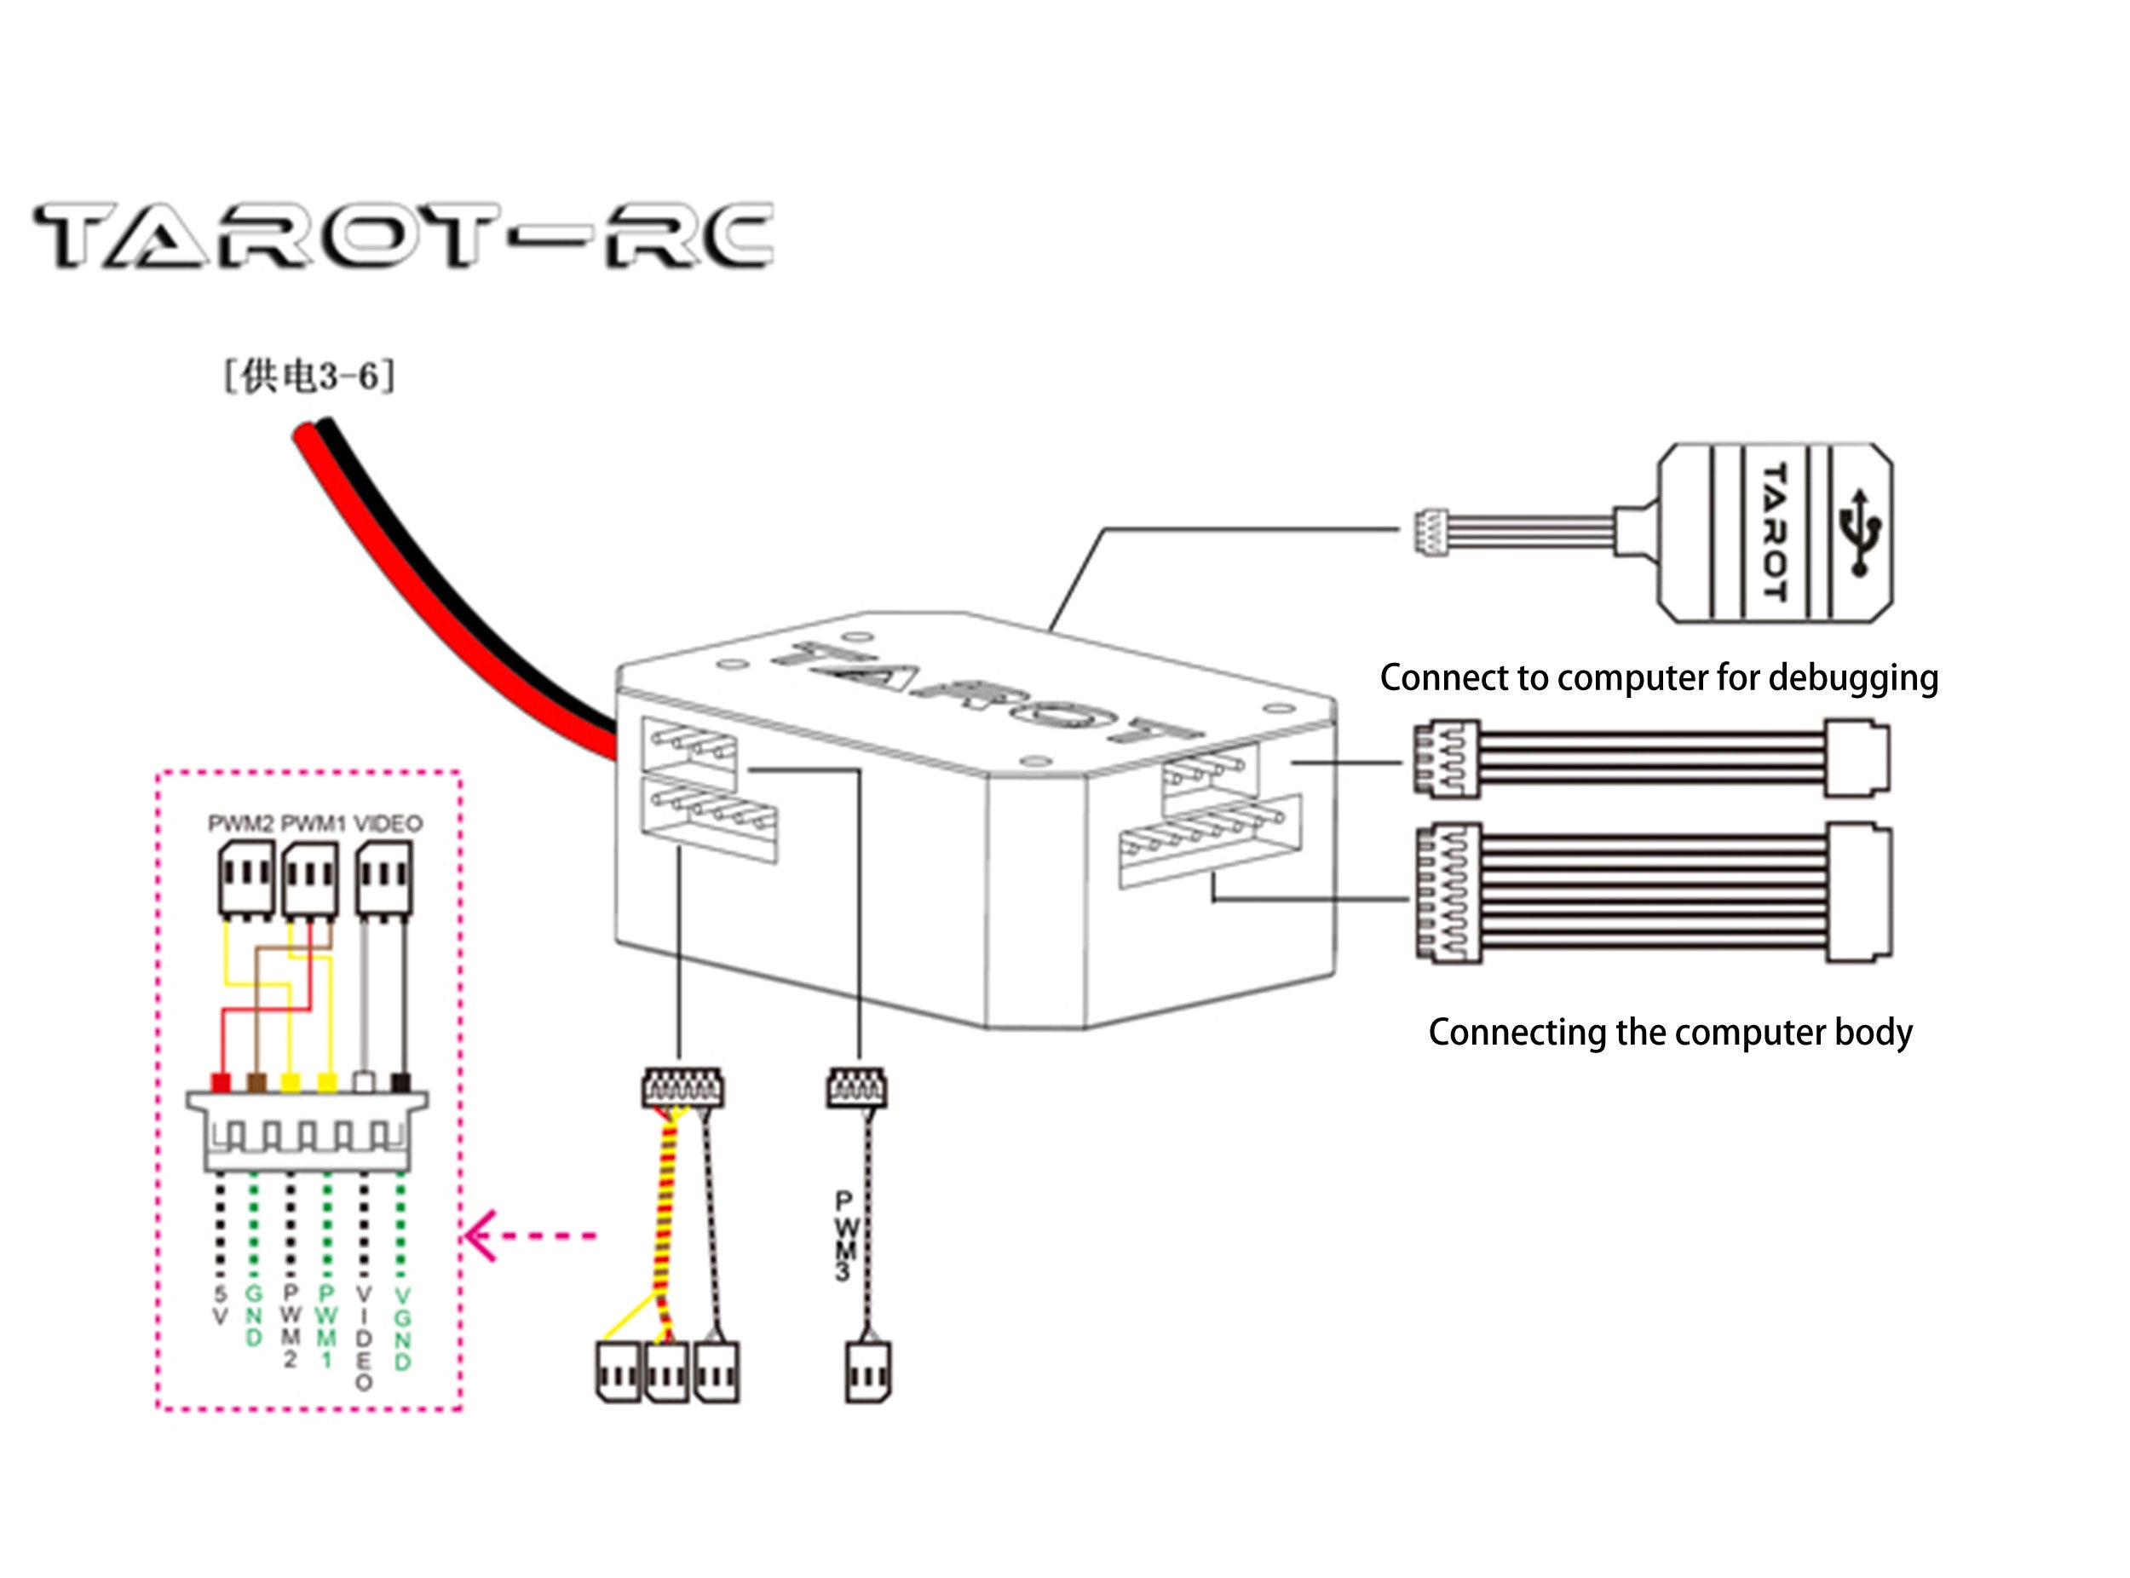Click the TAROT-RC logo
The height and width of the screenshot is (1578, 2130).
pyautogui.click(x=403, y=235)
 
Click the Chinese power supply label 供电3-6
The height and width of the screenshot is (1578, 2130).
pyautogui.click(x=308, y=377)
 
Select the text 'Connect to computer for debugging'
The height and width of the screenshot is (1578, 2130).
pyautogui.click(x=1658, y=677)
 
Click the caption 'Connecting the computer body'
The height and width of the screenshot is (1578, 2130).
pyautogui.click(x=1670, y=1032)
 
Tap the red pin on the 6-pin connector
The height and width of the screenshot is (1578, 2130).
pyautogui.click(x=221, y=1082)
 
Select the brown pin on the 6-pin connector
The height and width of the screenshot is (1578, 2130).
pyautogui.click(x=256, y=1082)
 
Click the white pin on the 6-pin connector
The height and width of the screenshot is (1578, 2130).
pyautogui.click(x=364, y=1082)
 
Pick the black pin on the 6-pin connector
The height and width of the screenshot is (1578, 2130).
pyautogui.click(x=401, y=1082)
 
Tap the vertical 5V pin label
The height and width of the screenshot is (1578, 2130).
pyautogui.click(x=221, y=1304)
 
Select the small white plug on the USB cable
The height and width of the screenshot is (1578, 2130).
pyautogui.click(x=1431, y=531)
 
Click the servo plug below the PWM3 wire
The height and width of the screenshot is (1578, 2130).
pyautogui.click(x=867, y=1373)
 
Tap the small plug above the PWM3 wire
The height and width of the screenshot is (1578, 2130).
pyautogui.click(x=855, y=1087)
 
